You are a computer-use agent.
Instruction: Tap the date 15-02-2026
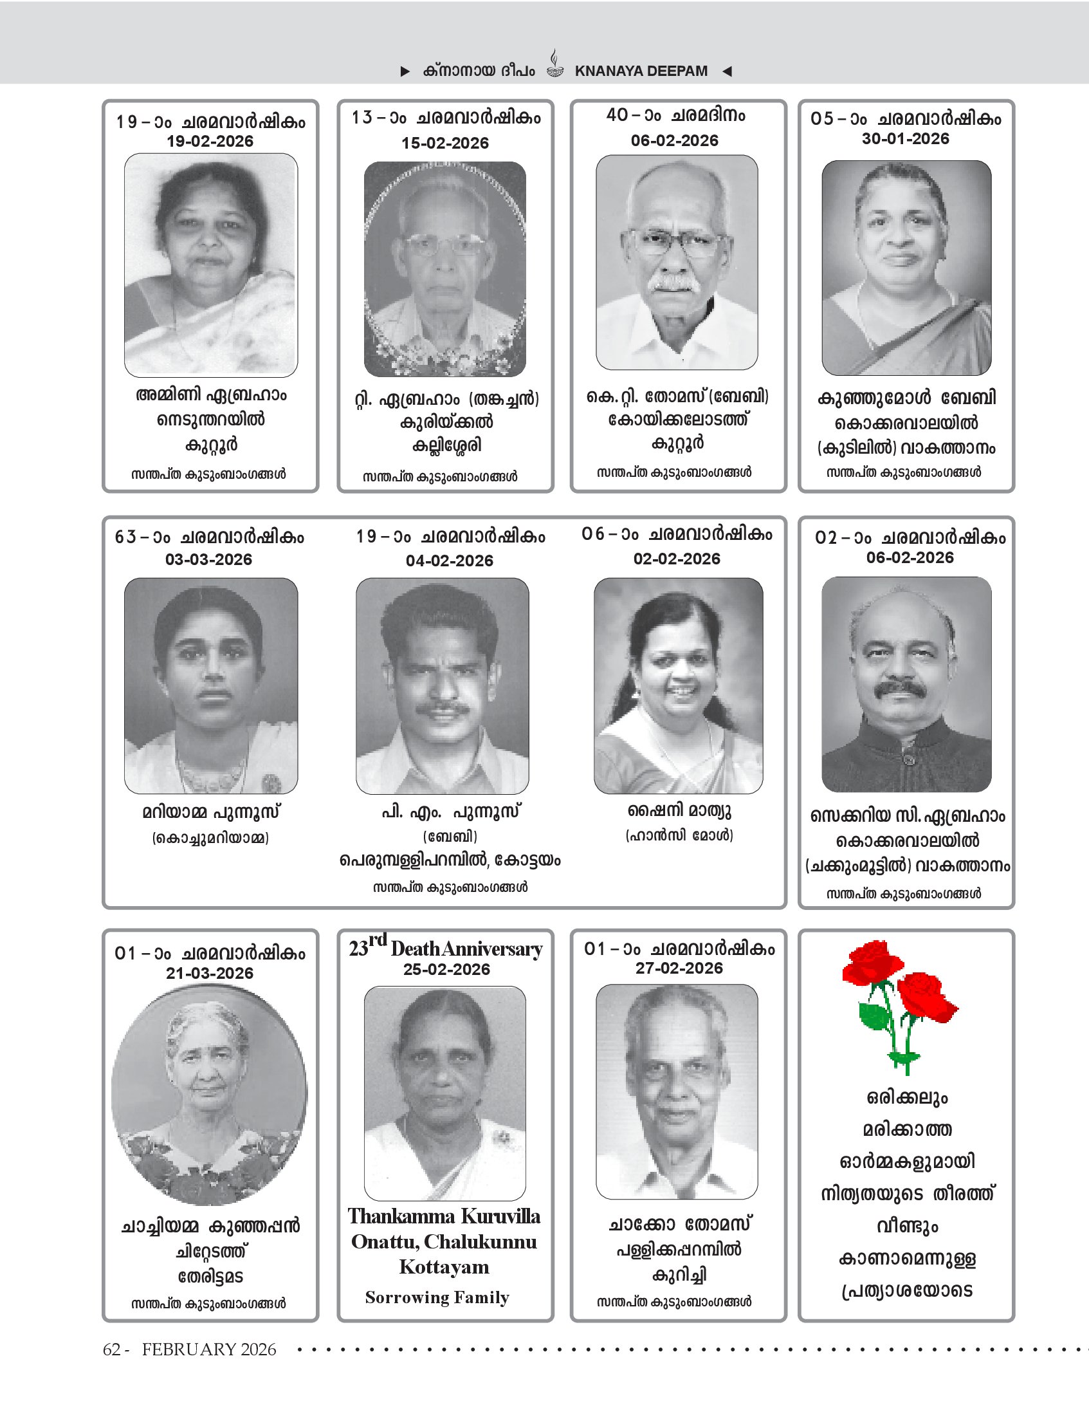click(444, 144)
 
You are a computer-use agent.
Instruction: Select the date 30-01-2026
click(905, 139)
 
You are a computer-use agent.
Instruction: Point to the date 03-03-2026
click(208, 560)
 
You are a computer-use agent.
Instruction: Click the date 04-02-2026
click(449, 561)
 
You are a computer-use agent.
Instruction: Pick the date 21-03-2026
click(209, 974)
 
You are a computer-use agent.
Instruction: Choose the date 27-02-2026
click(679, 969)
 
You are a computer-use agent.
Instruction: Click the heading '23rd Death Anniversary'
click(445, 948)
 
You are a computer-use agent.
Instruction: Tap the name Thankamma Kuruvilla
click(444, 1216)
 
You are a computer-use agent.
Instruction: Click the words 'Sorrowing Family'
click(437, 1298)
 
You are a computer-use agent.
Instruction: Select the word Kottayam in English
click(444, 1267)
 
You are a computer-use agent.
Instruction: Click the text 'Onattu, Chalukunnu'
click(444, 1242)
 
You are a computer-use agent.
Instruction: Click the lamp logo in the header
click(555, 65)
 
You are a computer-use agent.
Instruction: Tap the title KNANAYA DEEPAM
click(641, 71)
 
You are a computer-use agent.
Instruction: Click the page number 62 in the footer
click(112, 1349)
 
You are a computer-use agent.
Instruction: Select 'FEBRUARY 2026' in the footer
click(208, 1349)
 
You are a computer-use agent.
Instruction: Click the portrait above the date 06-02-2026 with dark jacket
click(906, 684)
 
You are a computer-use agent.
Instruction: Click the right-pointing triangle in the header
click(405, 71)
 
